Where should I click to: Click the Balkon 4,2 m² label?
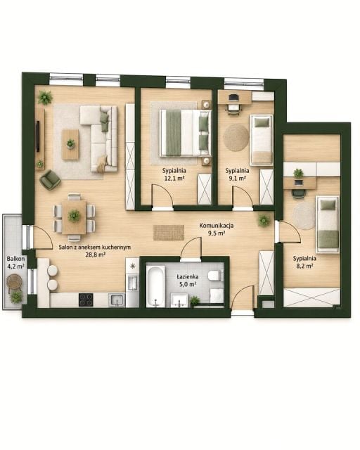(15, 262)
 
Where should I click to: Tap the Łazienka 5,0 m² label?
(187, 281)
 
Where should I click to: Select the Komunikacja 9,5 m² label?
(217, 229)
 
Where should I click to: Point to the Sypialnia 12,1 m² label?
(174, 174)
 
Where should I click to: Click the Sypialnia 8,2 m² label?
(304, 262)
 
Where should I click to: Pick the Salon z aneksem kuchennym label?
(94, 247)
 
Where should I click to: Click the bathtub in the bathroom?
(155, 286)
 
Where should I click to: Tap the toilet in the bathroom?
(215, 276)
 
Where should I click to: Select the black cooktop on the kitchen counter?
(86, 300)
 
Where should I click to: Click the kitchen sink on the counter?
(117, 300)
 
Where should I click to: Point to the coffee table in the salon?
(70, 144)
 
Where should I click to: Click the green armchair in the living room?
(50, 180)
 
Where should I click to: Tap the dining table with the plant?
(74, 217)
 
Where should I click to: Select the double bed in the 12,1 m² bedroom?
(185, 133)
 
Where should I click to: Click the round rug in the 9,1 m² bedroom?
(236, 138)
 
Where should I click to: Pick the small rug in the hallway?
(169, 233)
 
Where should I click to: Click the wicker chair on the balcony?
(14, 282)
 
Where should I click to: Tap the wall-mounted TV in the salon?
(37, 136)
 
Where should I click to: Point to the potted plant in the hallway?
(264, 220)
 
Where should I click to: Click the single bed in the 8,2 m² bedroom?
(328, 224)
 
